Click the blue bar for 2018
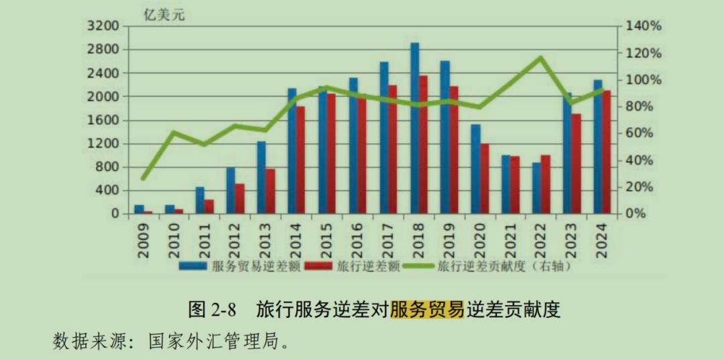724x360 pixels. pyautogui.click(x=415, y=127)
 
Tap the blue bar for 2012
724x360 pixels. pyautogui.click(x=231, y=190)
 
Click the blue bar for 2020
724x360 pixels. pyautogui.click(x=475, y=169)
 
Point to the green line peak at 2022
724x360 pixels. pyautogui.click(x=541, y=58)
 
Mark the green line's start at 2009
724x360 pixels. pyautogui.click(x=143, y=178)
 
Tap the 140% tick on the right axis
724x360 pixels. pyautogui.click(x=644, y=26)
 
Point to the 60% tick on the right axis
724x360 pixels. pyautogui.click(x=644, y=133)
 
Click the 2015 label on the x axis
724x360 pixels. pyautogui.click(x=326, y=238)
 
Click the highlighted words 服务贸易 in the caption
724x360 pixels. pyautogui.click(x=427, y=310)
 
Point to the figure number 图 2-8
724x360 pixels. pyautogui.click(x=213, y=310)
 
